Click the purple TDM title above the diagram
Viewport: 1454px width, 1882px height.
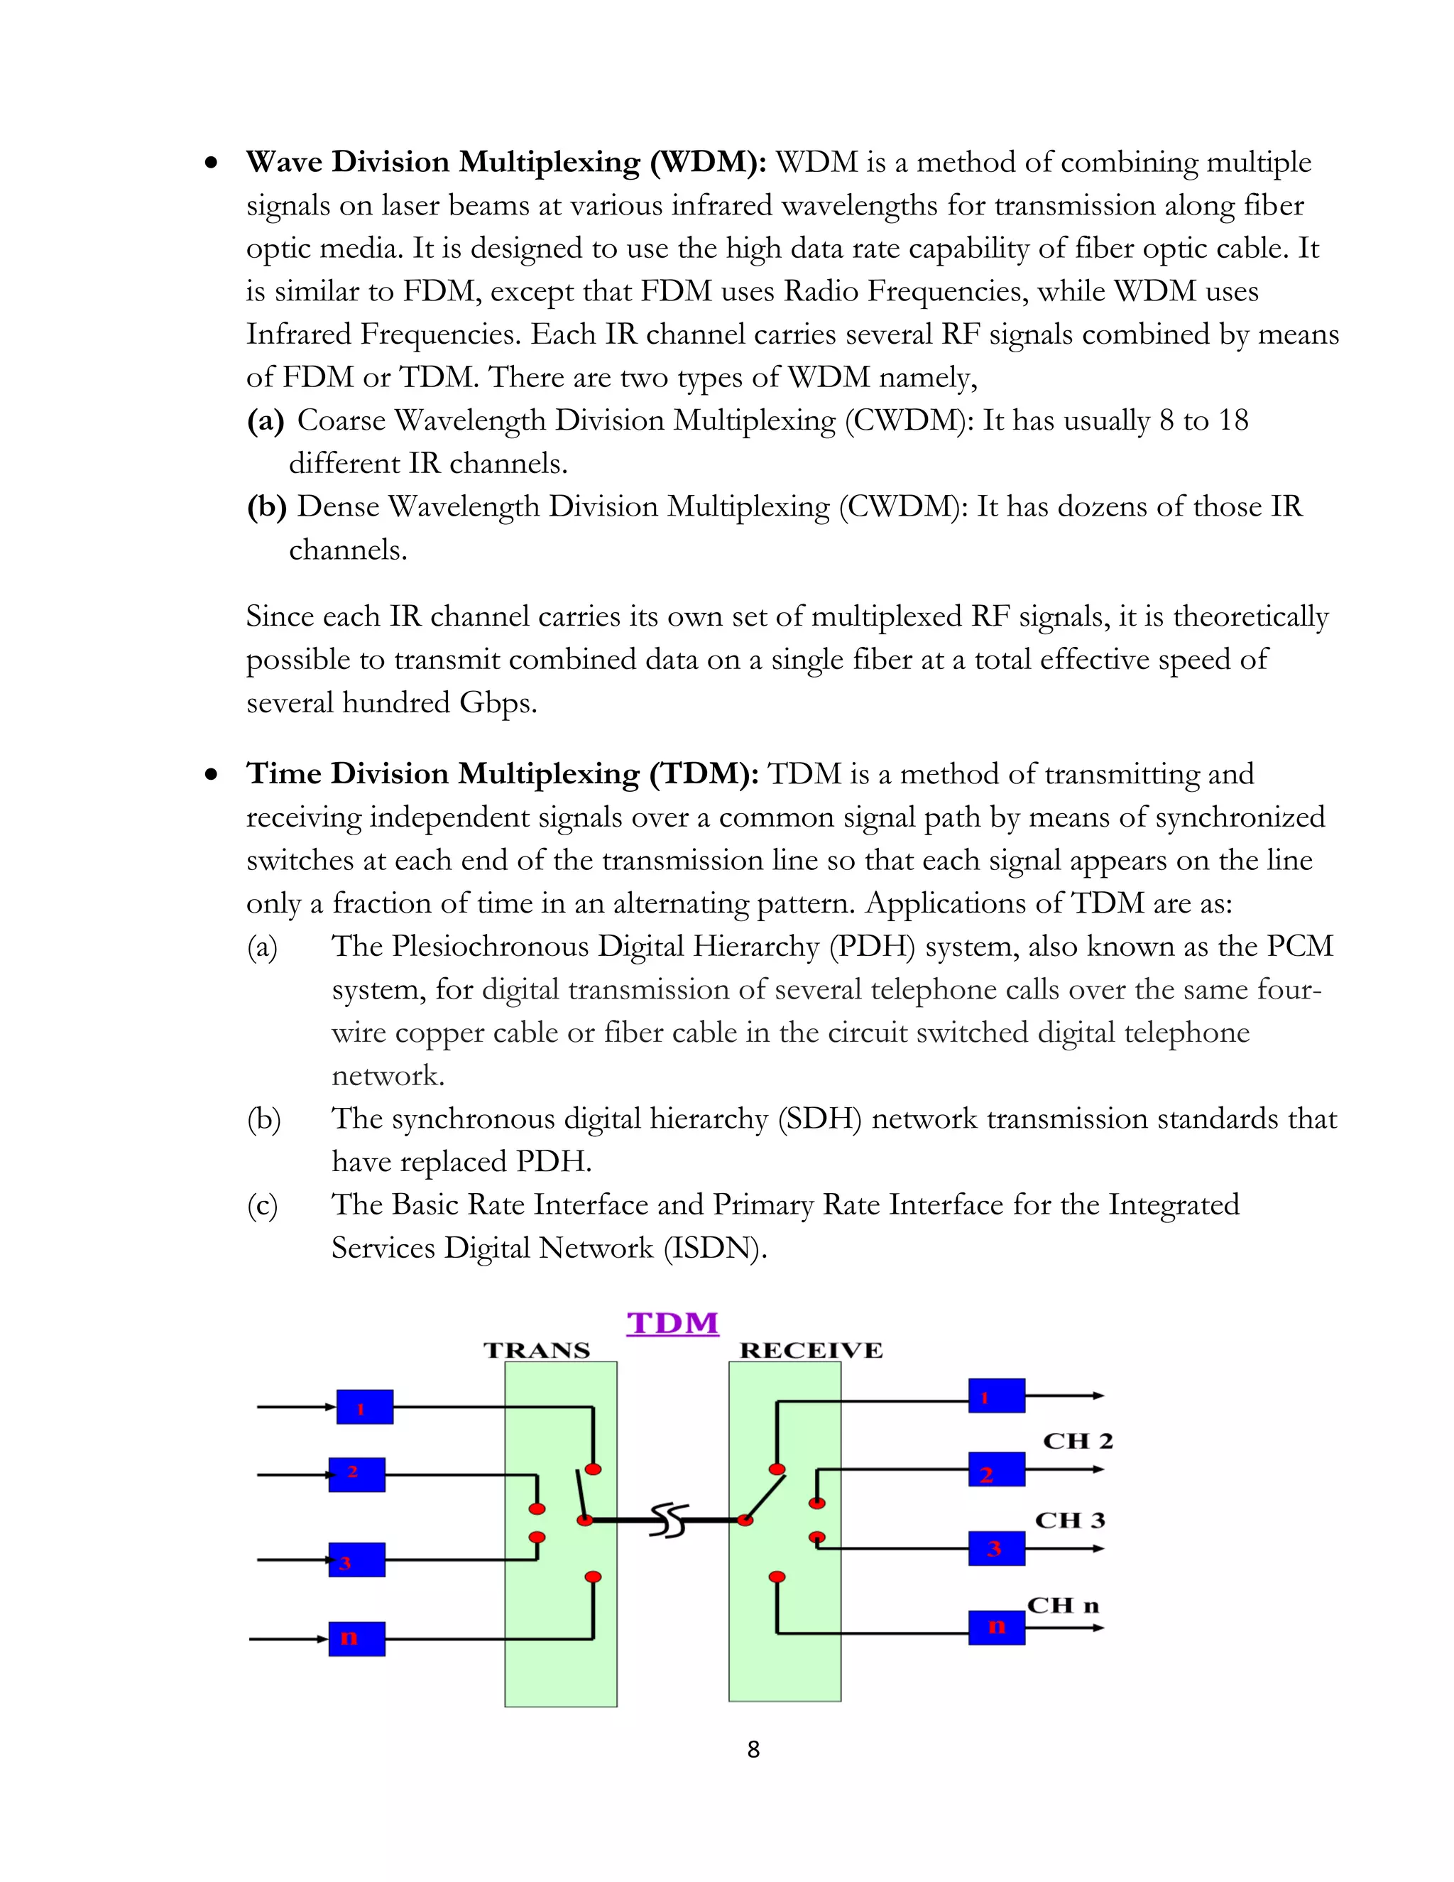point(672,1323)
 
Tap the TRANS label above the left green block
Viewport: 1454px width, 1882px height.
point(537,1350)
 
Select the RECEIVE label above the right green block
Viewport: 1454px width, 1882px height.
point(811,1350)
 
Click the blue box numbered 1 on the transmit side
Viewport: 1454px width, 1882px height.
point(364,1407)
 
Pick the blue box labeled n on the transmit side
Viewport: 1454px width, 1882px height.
point(356,1638)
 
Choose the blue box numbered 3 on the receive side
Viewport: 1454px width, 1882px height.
point(997,1548)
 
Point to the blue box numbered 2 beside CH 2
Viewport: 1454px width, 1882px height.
point(997,1469)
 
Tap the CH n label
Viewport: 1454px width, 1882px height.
point(1063,1606)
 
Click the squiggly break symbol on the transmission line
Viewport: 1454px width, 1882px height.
point(670,1521)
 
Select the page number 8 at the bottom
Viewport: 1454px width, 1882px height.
point(753,1749)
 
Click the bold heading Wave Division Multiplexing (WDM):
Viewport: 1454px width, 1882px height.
point(506,162)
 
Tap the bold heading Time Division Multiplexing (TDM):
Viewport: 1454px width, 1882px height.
point(502,774)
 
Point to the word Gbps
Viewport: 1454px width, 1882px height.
point(498,703)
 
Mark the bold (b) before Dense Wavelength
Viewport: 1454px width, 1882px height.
point(266,506)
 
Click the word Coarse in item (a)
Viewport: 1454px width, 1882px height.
point(341,420)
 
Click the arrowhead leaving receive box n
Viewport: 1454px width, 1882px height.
point(1098,1628)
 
